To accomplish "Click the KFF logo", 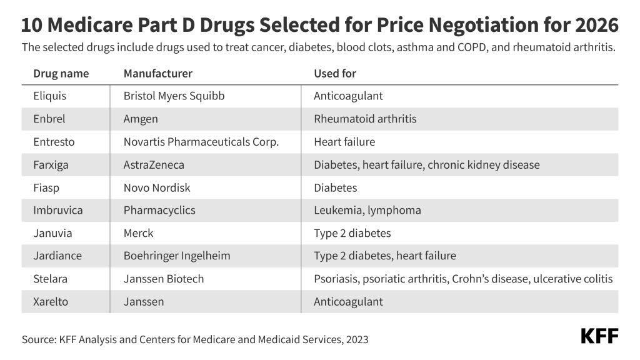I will [599, 336].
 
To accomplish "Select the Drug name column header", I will [61, 73].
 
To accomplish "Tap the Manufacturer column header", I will [157, 73].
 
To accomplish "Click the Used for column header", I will [335, 73].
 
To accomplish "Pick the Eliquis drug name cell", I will [49, 96].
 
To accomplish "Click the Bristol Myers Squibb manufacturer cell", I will [174, 96].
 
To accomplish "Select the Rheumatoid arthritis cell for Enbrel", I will [365, 119].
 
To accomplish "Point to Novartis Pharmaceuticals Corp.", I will [201, 142].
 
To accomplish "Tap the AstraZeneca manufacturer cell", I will [154, 165].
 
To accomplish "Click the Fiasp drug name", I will [46, 187].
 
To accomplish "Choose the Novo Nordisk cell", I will [157, 187].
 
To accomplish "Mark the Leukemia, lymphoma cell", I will [367, 211].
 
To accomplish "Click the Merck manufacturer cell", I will [138, 233].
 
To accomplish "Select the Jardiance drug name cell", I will [57, 256].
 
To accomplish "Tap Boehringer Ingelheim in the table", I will [177, 256].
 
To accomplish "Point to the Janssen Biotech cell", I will [164, 279].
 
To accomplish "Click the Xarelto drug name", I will [51, 302].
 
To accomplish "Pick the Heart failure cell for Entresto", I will [344, 142].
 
